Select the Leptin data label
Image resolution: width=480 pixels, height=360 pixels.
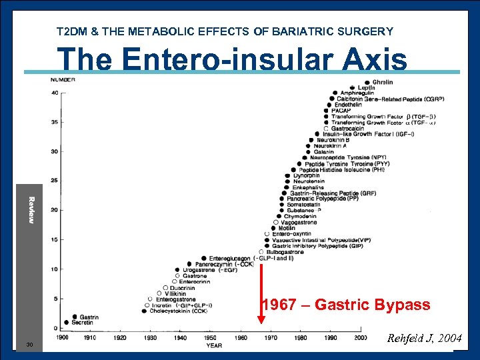366,87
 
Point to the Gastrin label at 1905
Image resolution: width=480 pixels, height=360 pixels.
89,317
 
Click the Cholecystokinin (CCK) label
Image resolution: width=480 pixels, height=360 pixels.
178,311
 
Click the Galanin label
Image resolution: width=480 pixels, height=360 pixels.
323,152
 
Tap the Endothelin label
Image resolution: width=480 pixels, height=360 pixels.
348,105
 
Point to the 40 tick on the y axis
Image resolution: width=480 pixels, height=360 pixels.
54,93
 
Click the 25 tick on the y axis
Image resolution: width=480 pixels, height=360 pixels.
54,181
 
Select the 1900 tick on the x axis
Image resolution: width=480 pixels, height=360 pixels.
63,338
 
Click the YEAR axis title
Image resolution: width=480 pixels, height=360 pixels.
214,345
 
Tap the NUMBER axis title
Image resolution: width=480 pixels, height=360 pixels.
63,80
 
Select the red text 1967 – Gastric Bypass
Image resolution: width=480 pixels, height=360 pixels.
345,305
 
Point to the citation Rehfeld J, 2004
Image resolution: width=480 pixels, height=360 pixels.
424,338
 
